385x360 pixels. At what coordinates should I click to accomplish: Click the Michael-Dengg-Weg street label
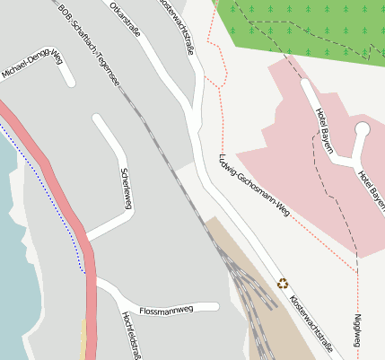pyautogui.click(x=31, y=64)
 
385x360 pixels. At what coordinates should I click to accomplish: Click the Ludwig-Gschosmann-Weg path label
pyautogui.click(x=254, y=186)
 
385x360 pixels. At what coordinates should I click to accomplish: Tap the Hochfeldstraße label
pyautogui.click(x=132, y=337)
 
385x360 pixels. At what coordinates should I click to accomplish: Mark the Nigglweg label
pyautogui.click(x=358, y=330)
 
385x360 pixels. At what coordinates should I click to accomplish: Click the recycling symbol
pyautogui.click(x=283, y=284)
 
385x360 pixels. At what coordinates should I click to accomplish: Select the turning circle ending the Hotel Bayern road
pyautogui.click(x=363, y=130)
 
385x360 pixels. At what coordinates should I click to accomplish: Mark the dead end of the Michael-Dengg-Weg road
pyautogui.click(x=70, y=83)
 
